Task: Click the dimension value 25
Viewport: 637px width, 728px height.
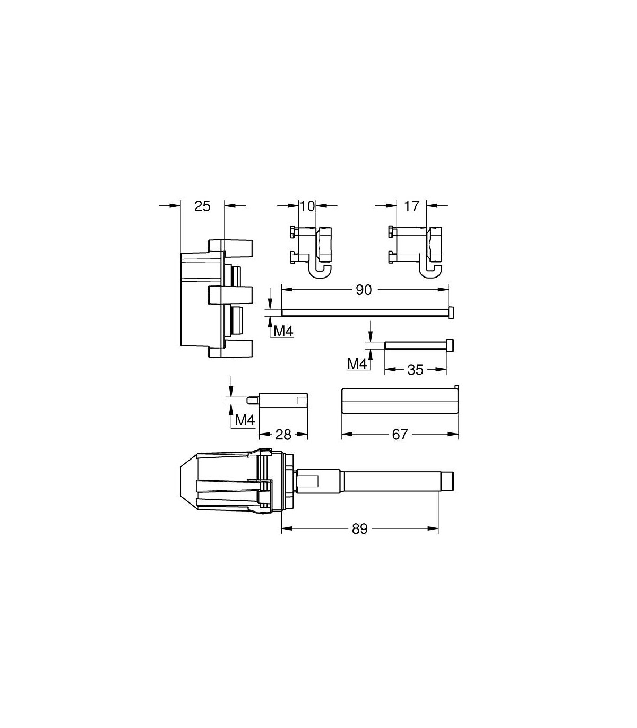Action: click(x=202, y=206)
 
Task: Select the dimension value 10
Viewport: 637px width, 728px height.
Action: click(x=307, y=206)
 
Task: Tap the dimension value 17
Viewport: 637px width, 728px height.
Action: click(x=412, y=206)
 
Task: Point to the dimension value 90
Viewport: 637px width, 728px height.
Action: click(x=364, y=290)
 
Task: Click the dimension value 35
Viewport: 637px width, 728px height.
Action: click(x=415, y=370)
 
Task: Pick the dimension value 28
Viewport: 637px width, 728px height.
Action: click(x=283, y=435)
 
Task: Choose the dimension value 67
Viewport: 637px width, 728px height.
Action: click(x=400, y=435)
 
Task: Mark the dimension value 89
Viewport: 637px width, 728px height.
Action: click(x=360, y=539)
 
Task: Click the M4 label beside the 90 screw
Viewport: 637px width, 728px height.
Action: click(x=283, y=332)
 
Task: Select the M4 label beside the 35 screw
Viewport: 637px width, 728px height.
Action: click(x=357, y=363)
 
